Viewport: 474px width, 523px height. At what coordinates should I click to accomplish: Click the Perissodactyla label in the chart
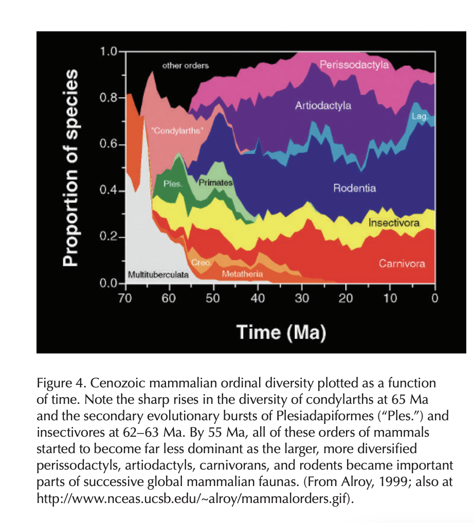pyautogui.click(x=354, y=65)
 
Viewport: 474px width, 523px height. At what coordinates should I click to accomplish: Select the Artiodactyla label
pyautogui.click(x=323, y=106)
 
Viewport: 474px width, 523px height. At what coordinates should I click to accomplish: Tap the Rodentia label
pyautogui.click(x=354, y=188)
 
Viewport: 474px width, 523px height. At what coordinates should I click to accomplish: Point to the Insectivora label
pyautogui.click(x=394, y=223)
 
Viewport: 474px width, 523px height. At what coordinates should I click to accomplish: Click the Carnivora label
pyautogui.click(x=402, y=264)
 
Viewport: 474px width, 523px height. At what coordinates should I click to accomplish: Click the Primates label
pyautogui.click(x=215, y=182)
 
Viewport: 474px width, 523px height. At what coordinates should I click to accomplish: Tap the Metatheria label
pyautogui.click(x=242, y=274)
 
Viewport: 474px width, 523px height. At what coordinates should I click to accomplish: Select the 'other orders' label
pyautogui.click(x=186, y=66)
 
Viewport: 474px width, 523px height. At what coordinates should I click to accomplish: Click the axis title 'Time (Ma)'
pyautogui.click(x=281, y=332)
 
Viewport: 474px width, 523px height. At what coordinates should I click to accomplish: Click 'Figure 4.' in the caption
pyautogui.click(x=58, y=383)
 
